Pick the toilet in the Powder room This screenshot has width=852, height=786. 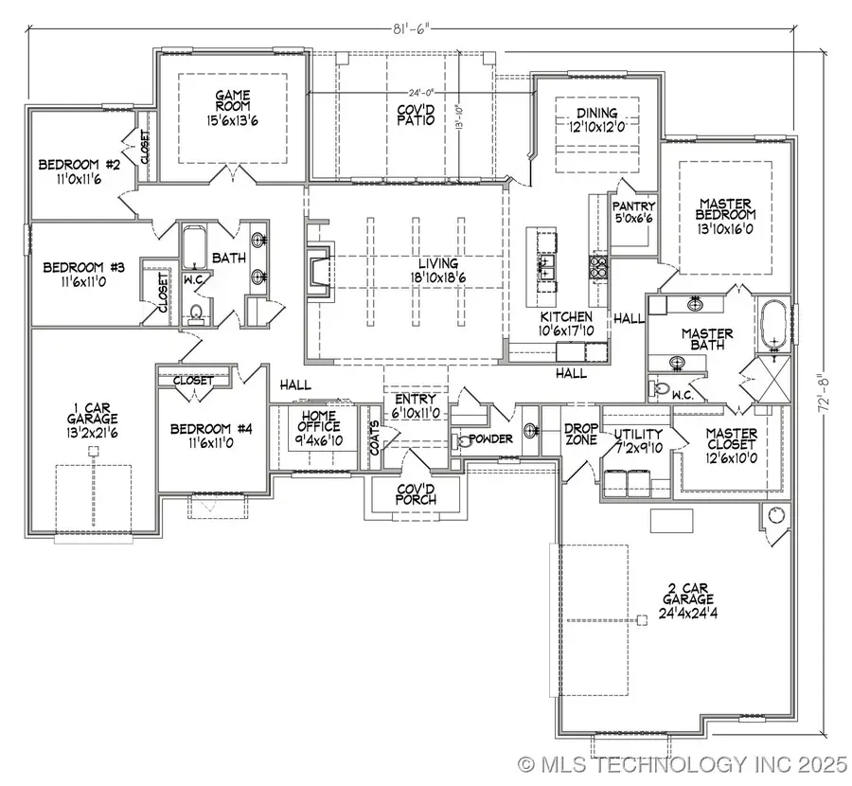click(x=463, y=440)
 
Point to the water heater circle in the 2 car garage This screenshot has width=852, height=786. click(x=776, y=516)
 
